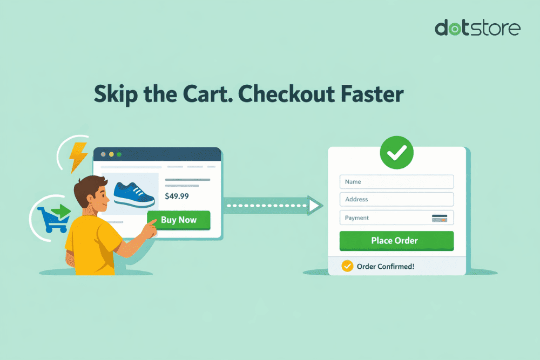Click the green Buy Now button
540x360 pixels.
pyautogui.click(x=179, y=220)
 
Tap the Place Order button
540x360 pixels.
pyautogui.click(x=396, y=241)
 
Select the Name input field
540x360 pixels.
pyautogui.click(x=396, y=182)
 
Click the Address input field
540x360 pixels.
pyautogui.click(x=396, y=200)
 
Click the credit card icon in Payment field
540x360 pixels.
pyautogui.click(x=439, y=218)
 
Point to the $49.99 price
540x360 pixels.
pyautogui.click(x=177, y=196)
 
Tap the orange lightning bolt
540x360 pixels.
pyautogui.click(x=79, y=157)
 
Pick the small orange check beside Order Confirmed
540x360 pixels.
pyautogui.click(x=347, y=266)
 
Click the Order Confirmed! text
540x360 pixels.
pyautogui.click(x=386, y=266)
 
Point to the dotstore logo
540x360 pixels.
pyautogui.click(x=477, y=28)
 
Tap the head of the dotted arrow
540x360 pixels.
pyautogui.click(x=315, y=205)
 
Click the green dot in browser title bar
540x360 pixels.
pyautogui.click(x=119, y=154)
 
